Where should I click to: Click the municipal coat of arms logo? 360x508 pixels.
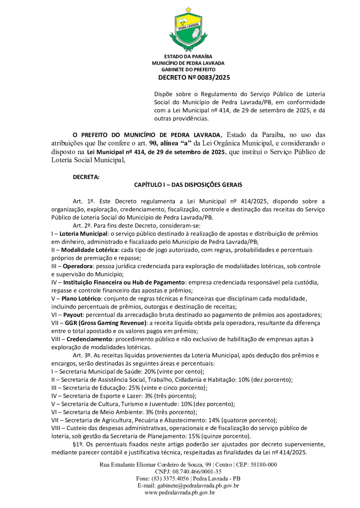pyautogui.click(x=188, y=30)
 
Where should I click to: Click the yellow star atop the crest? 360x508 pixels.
pyautogui.click(x=188, y=9)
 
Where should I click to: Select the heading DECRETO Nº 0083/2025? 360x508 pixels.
pyautogui.click(x=194, y=78)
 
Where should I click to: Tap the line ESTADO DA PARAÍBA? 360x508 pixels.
pyautogui.click(x=188, y=56)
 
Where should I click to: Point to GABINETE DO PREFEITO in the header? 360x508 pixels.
pyautogui.click(x=188, y=70)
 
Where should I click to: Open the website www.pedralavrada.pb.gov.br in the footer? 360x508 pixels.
pyautogui.click(x=180, y=492)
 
